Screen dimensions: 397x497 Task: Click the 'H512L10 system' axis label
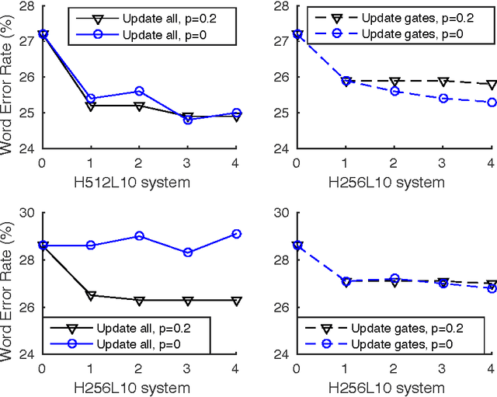pos(139,183)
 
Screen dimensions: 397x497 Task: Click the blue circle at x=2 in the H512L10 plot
pos(139,91)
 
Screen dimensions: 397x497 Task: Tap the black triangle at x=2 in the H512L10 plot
pos(139,106)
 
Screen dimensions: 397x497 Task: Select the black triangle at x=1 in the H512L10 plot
pos(90,106)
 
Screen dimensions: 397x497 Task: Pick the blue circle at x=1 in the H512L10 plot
pos(90,99)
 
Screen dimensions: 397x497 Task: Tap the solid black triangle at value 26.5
pos(90,295)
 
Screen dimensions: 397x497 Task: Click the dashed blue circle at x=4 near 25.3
pos(491,103)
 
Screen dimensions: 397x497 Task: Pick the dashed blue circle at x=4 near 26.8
pos(491,288)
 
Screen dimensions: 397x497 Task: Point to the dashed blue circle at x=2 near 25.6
pos(394,92)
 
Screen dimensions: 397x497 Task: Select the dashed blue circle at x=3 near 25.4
pos(443,99)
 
